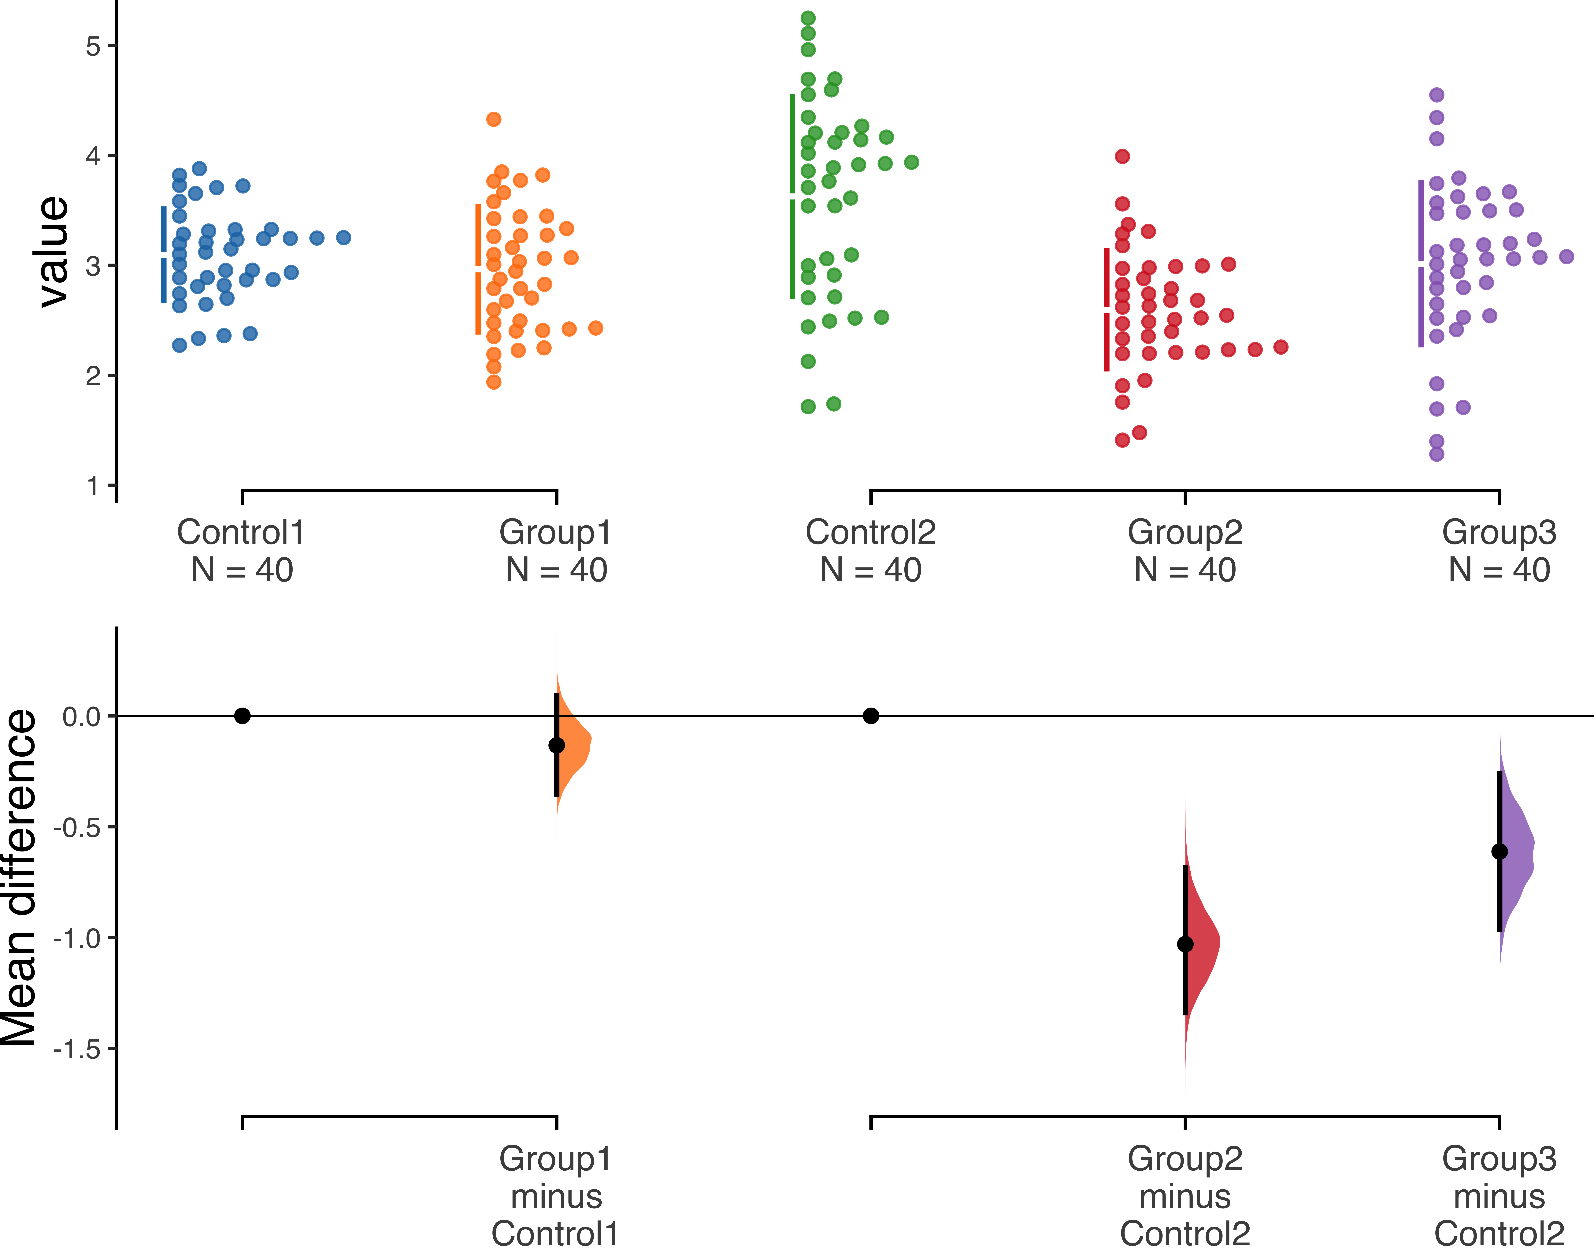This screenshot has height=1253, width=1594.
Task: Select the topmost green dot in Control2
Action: tap(808, 18)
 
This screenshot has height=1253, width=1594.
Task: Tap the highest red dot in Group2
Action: tap(1122, 156)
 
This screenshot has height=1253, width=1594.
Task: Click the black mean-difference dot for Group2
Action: tap(1185, 944)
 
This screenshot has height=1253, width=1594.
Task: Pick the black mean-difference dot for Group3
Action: tap(1499, 852)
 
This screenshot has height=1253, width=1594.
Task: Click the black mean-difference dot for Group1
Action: tap(557, 745)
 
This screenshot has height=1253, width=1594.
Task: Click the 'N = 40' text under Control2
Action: tap(870, 570)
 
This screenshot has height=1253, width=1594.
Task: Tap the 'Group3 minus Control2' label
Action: tap(1499, 1196)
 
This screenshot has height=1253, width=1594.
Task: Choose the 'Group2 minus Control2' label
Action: tap(1185, 1196)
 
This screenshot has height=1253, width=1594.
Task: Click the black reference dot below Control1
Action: tap(243, 716)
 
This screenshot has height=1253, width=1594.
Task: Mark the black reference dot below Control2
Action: tap(870, 716)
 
